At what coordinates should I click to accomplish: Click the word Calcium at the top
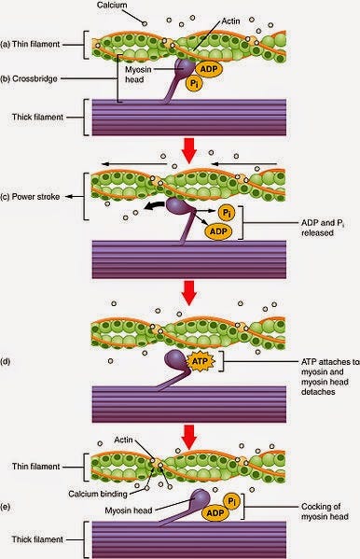tap(112, 5)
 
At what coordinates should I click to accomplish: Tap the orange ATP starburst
tap(201, 361)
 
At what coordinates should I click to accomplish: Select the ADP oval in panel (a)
tap(209, 69)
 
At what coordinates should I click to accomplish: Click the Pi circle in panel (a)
tap(194, 84)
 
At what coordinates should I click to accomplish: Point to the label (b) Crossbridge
tap(29, 78)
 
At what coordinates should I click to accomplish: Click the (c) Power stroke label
tap(30, 196)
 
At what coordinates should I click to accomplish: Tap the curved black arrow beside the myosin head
tap(154, 206)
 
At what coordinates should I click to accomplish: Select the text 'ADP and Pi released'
tap(322, 228)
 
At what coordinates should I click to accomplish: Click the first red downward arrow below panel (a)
tap(189, 150)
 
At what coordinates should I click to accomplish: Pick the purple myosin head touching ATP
tap(176, 360)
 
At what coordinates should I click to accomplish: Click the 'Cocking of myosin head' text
tap(325, 511)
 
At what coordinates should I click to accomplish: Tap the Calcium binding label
tap(98, 494)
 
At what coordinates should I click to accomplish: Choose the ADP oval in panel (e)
tap(215, 513)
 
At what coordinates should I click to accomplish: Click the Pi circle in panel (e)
tap(231, 501)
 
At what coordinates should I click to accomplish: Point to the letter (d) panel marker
tap(5, 361)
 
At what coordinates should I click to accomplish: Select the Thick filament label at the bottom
tap(37, 539)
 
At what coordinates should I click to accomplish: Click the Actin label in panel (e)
tap(123, 440)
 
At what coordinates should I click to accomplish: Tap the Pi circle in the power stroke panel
tap(226, 213)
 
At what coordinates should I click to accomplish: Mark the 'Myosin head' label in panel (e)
tap(129, 510)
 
